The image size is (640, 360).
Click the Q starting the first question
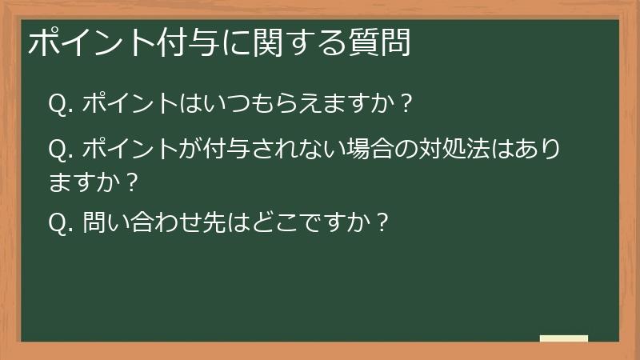click(x=57, y=103)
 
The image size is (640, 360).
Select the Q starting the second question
click(x=57, y=150)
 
